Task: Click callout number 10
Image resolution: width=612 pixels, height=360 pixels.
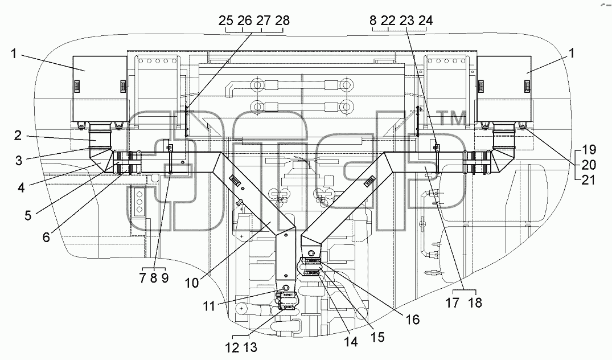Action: [192, 283]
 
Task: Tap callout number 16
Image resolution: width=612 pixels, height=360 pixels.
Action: [412, 320]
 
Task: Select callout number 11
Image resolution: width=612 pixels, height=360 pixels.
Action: [209, 306]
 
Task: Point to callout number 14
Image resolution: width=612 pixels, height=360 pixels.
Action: [351, 342]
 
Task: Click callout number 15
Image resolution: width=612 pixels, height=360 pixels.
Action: [377, 337]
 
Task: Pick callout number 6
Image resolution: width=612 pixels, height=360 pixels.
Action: [46, 236]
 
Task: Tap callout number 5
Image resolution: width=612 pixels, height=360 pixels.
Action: [28, 215]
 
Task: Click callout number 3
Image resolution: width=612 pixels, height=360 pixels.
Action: [19, 160]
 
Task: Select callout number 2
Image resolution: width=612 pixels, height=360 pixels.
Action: [18, 136]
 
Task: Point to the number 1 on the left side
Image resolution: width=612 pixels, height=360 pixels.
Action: [14, 54]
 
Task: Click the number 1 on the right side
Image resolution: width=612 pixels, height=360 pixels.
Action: [572, 53]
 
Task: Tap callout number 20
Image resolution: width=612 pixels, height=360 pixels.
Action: [589, 165]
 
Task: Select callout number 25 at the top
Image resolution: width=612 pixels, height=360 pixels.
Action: [225, 21]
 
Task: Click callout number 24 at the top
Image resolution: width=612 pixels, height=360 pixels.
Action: [425, 21]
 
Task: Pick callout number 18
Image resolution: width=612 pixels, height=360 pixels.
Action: [475, 302]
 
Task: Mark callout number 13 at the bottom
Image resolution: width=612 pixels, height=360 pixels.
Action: [250, 347]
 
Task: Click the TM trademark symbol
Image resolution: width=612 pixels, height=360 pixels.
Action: [453, 118]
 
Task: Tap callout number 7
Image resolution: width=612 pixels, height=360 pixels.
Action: [142, 278]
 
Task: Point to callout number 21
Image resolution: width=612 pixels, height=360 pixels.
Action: [588, 179]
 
